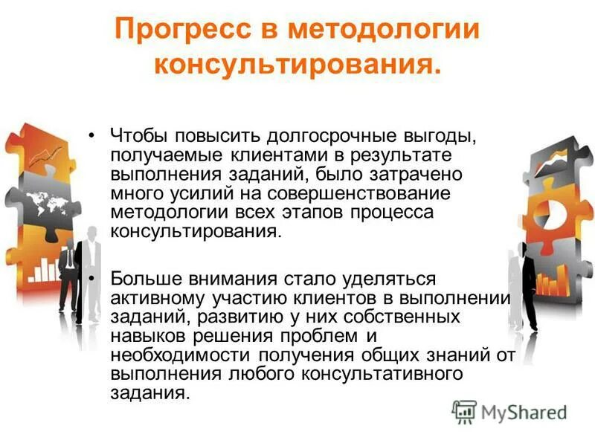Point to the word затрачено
[x=428, y=175]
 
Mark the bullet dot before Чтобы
[x=91, y=137]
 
